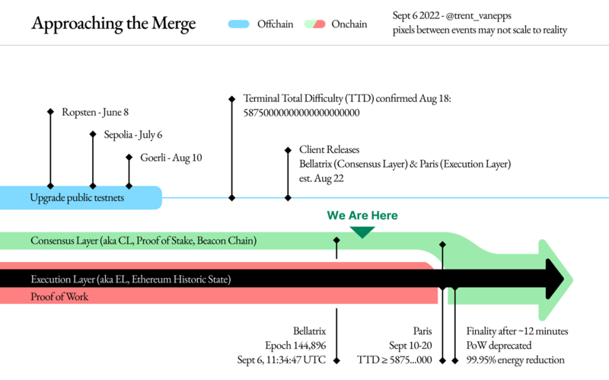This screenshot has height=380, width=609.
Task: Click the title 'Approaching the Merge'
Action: [x=113, y=24]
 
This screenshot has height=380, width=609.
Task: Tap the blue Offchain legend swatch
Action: [x=238, y=24]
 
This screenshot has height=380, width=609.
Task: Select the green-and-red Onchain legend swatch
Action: [x=314, y=24]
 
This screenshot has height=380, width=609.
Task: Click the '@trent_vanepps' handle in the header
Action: [x=479, y=15]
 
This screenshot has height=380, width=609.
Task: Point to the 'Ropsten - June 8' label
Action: [x=95, y=112]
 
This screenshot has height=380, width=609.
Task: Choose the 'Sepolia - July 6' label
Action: [x=132, y=135]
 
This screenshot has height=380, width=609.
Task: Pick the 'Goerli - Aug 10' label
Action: [x=171, y=158]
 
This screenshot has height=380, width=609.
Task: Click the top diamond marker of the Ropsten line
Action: [x=50, y=112]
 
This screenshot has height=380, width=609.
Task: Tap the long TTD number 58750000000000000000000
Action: [x=301, y=113]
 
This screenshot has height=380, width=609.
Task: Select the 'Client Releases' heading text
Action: [x=329, y=149]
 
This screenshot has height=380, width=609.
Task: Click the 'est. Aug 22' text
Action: [x=321, y=178]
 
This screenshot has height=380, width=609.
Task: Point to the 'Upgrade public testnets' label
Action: [x=77, y=198]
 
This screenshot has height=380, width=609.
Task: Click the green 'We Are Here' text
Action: [x=362, y=216]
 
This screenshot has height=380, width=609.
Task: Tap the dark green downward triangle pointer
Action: [x=362, y=232]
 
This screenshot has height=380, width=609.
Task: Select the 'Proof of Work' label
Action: [x=59, y=297]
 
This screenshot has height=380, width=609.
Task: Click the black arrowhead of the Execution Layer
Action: [x=555, y=279]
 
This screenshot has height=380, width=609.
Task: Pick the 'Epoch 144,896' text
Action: [x=295, y=346]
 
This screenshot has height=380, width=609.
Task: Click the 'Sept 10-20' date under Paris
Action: [x=410, y=346]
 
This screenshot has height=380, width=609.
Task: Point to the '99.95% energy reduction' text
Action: [x=515, y=359]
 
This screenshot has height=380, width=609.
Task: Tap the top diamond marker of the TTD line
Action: [x=232, y=99]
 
